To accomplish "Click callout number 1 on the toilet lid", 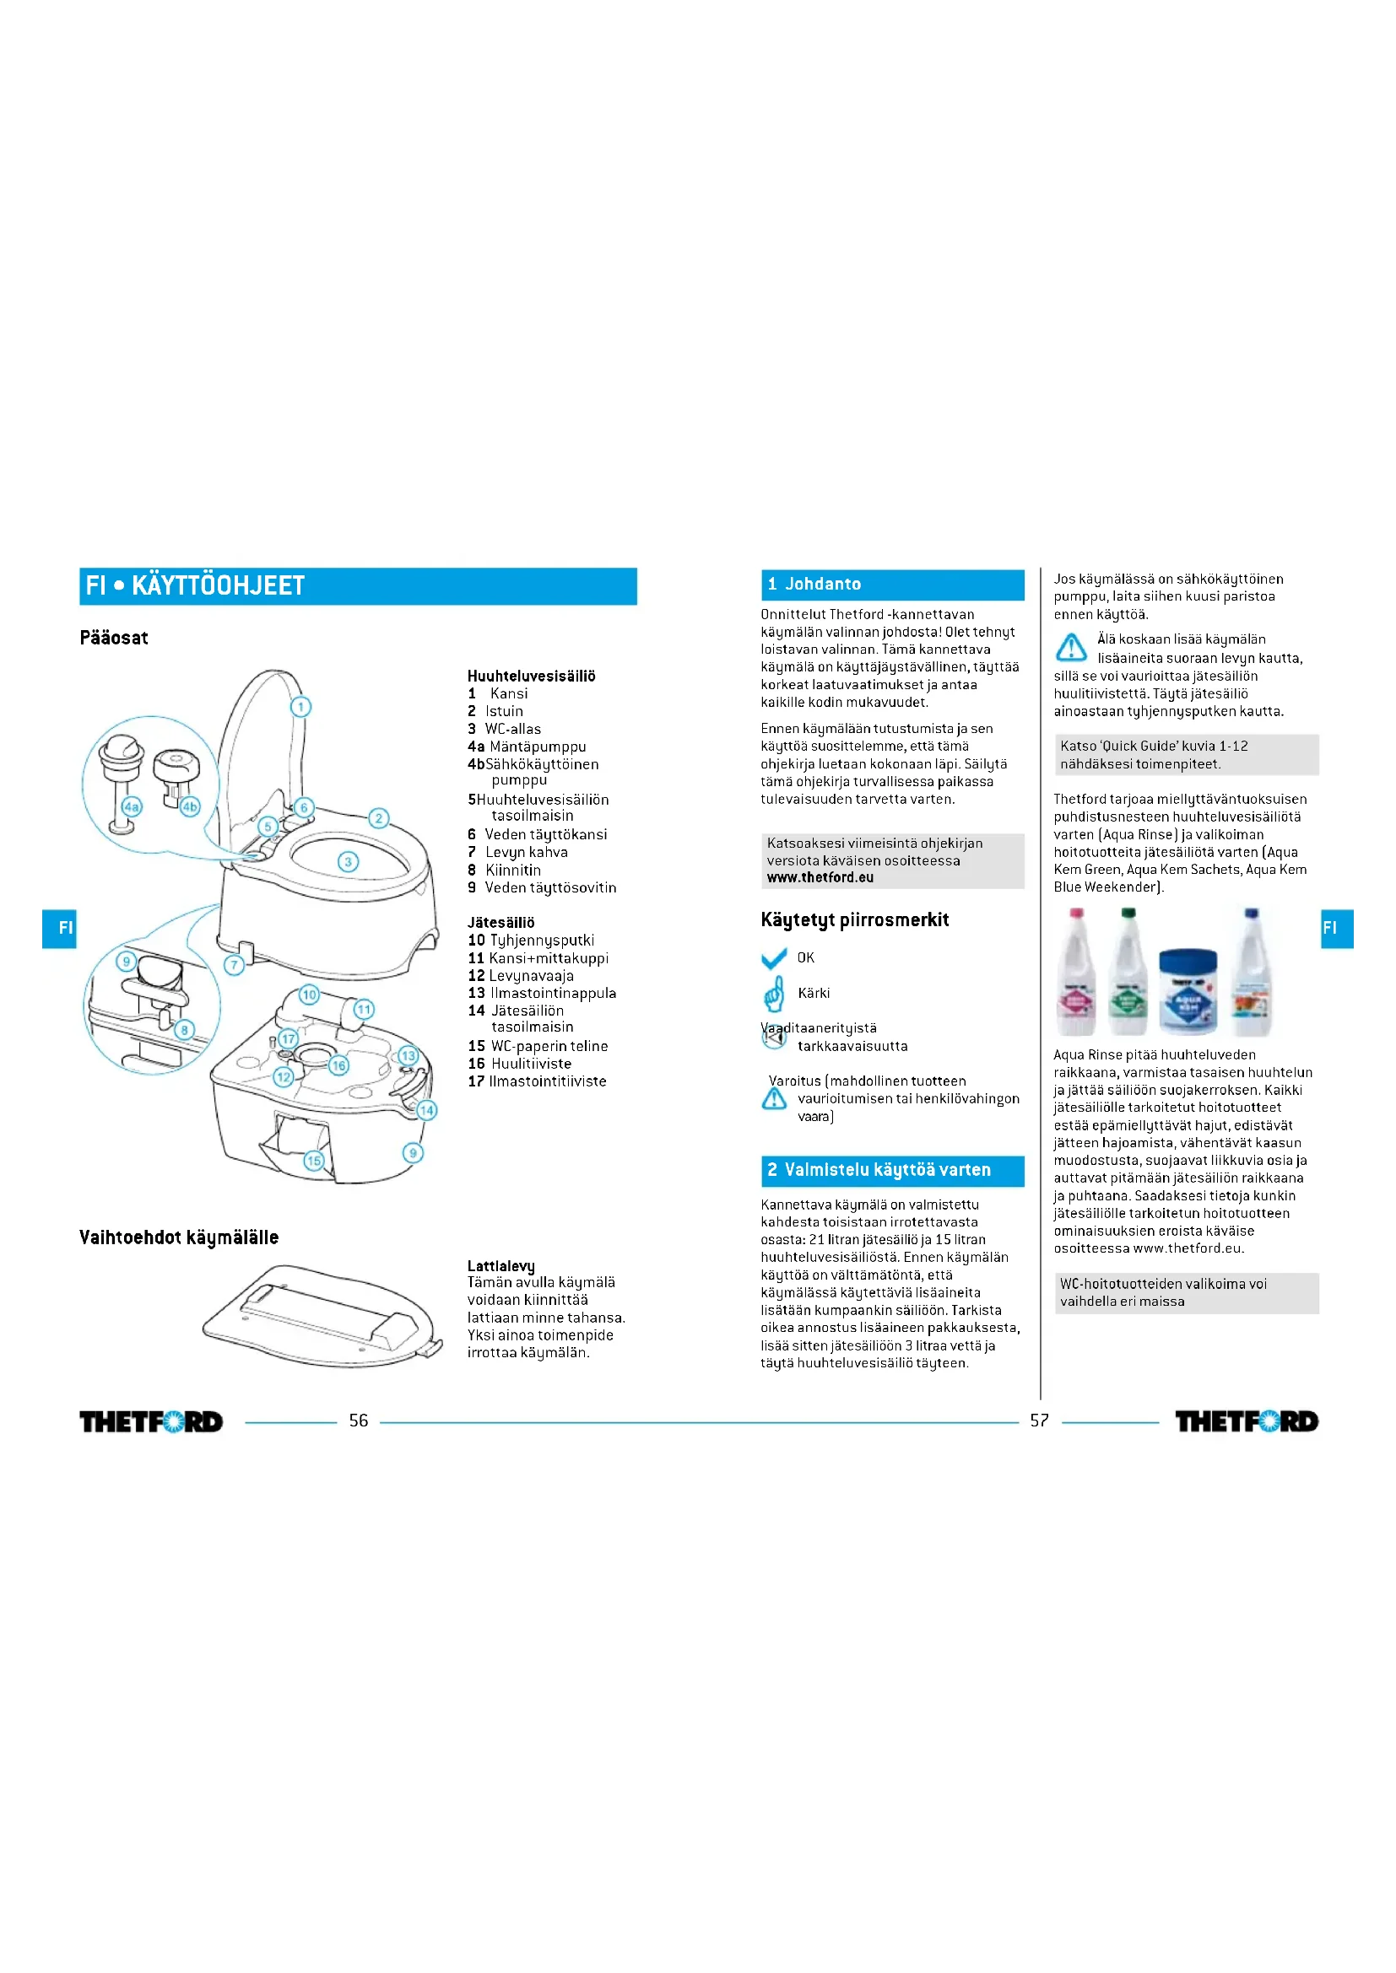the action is coord(300,706).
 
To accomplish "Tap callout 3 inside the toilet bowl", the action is coord(348,861).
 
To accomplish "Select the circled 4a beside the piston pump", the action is coord(132,806).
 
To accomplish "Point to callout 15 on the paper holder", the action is coord(314,1160).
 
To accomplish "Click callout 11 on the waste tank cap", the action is coord(365,1009).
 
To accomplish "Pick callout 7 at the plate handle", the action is coord(234,964).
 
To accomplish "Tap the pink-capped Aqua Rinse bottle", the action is coord(1076,974).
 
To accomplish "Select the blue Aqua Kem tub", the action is coord(1188,992).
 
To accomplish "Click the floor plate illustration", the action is coord(322,1315).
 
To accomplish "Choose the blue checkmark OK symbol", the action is coord(774,958).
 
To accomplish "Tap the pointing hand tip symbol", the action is coord(774,995).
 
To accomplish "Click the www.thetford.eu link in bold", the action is coord(820,877).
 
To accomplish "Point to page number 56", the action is coord(359,1420).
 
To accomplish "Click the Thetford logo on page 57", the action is coord(1247,1421).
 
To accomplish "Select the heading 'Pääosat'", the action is coord(113,638).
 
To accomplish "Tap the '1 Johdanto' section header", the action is coord(891,585).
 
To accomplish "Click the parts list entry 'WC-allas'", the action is coord(512,729).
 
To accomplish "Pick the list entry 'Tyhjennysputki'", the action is coord(542,940).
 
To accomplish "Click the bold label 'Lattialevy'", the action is coord(501,1265).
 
